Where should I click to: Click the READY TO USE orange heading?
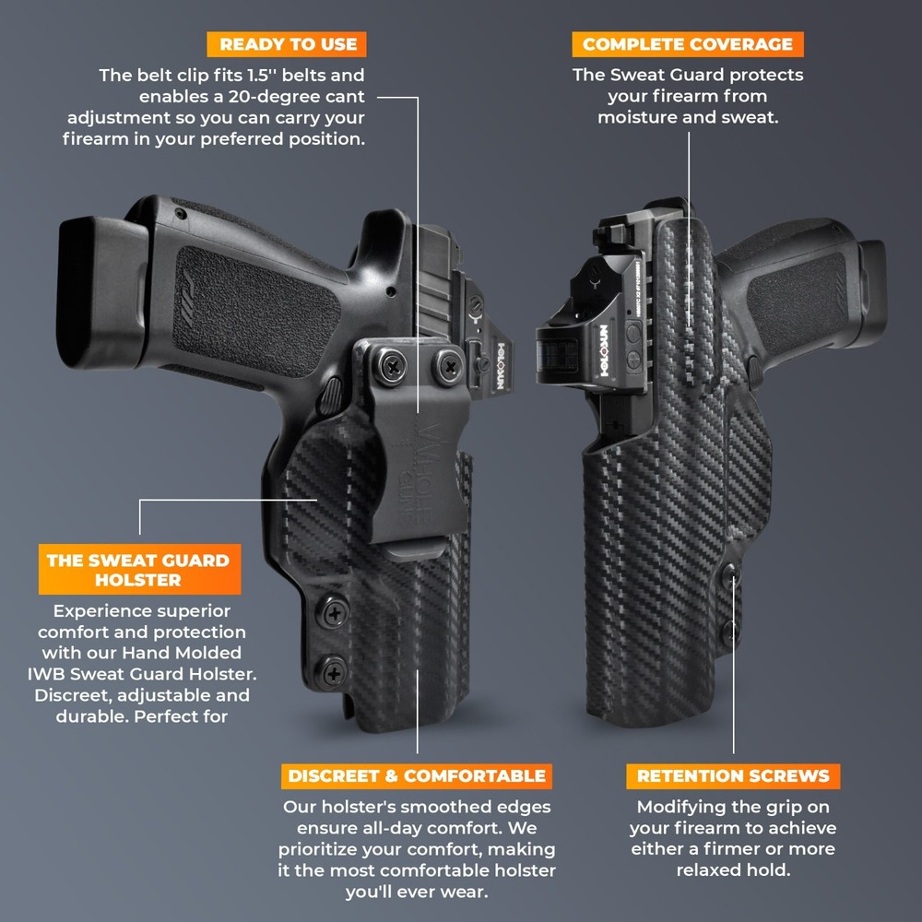pos(288,43)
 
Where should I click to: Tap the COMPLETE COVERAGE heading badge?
pos(688,43)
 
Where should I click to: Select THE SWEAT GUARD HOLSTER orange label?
pos(138,570)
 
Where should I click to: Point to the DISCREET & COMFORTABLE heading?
pos(417,775)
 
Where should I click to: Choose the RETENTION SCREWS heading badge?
pos(733,775)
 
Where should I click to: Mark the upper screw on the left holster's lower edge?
pos(334,610)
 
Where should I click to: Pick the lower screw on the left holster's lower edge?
pos(334,670)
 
